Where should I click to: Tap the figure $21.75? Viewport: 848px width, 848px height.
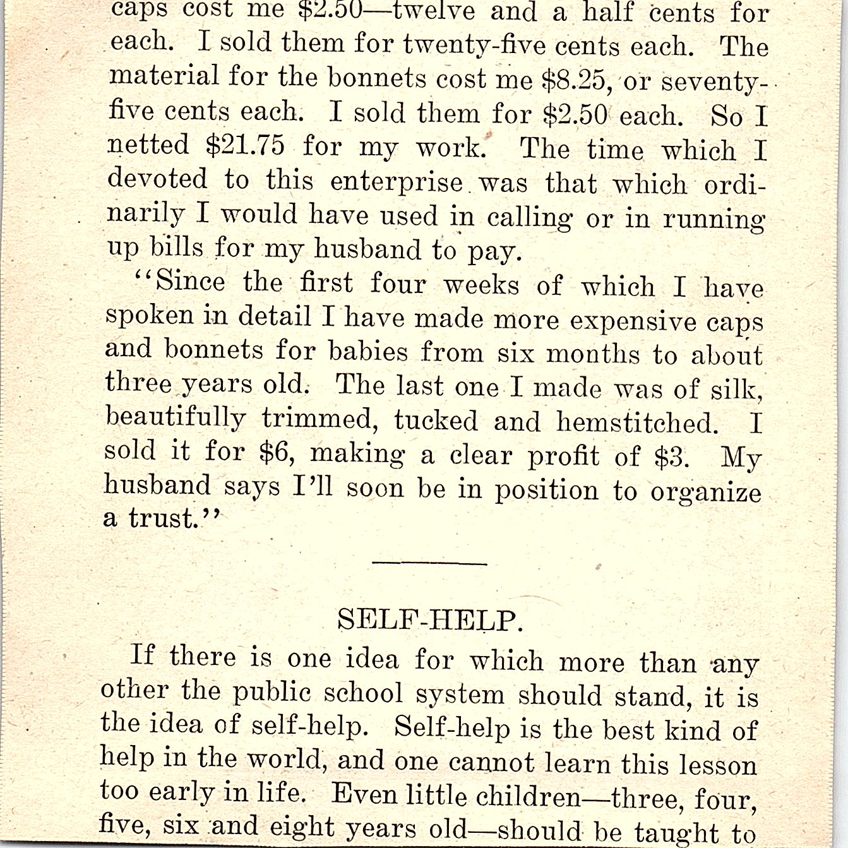point(245,146)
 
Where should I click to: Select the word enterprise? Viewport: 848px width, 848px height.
point(397,182)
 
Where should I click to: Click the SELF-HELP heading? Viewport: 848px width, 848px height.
point(431,620)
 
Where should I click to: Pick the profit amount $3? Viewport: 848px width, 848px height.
point(671,457)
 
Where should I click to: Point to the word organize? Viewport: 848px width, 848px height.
point(706,492)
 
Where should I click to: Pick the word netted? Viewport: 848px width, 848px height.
point(148,145)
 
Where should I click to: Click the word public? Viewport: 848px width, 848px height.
point(272,693)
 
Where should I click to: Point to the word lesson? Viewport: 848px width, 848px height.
point(718,765)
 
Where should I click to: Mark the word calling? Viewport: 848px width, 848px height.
point(529,218)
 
